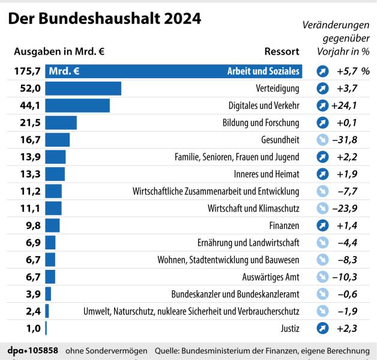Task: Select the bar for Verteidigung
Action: [x=83, y=88]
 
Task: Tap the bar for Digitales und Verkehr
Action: [x=77, y=106]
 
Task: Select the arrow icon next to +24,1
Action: [x=322, y=106]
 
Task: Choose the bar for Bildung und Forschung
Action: [x=61, y=123]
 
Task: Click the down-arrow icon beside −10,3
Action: [x=322, y=277]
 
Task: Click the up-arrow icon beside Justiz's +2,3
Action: [x=322, y=328]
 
